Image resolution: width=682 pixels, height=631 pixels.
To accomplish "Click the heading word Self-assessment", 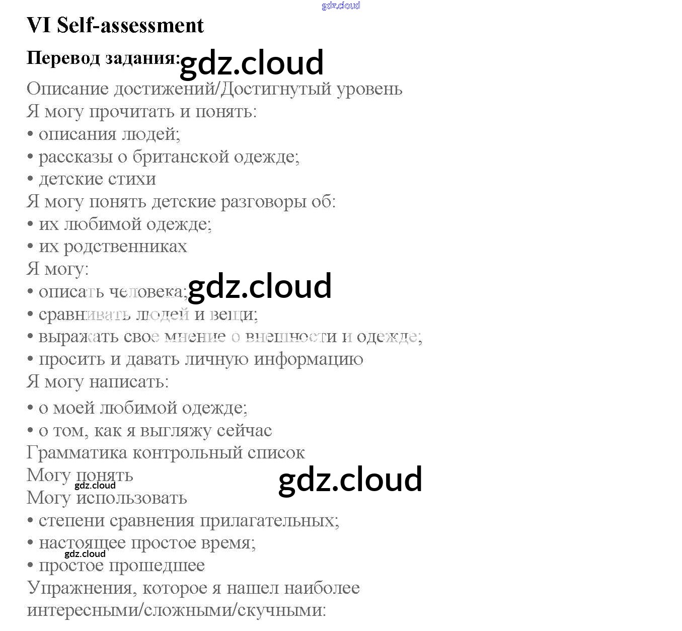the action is coord(130,25).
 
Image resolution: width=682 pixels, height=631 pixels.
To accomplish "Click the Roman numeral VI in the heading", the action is coord(39,25).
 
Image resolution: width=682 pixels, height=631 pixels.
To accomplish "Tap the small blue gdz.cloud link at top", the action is coord(341,6).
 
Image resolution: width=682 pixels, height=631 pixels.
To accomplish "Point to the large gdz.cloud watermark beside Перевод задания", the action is coord(251,63).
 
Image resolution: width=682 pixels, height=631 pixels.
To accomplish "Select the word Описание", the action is coord(67,89).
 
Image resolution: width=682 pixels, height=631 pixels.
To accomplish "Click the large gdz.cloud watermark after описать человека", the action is coord(259,286).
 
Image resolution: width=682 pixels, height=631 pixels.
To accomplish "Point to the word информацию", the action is coord(309,359).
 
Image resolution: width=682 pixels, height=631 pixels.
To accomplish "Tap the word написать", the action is coord(129,382).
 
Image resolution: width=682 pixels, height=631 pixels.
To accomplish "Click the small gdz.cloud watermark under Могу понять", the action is coord(95,486).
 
